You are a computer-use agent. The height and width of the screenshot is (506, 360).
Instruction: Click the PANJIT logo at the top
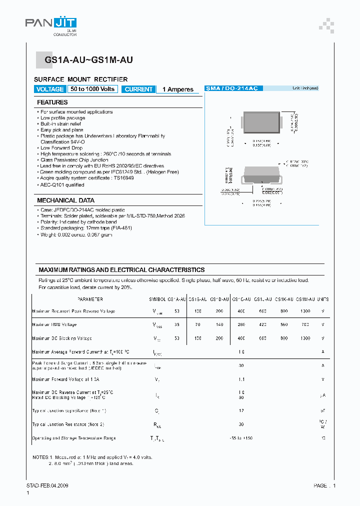pyautogui.click(x=51, y=23)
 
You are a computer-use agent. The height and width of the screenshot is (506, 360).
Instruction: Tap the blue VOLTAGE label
pyautogui.click(x=50, y=89)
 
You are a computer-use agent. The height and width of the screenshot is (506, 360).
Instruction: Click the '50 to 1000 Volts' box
pyautogui.click(x=92, y=89)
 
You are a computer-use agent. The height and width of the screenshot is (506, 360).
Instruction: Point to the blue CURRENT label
pyautogui.click(x=138, y=89)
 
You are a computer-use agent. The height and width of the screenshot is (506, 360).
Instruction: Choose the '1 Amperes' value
pyautogui.click(x=177, y=89)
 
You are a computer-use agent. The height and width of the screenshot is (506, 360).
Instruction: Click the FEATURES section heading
pyautogui.click(x=52, y=102)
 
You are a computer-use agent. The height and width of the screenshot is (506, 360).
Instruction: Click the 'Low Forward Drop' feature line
pyautogui.click(x=61, y=148)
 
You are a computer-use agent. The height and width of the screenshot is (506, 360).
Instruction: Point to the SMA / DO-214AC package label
pyautogui.click(x=231, y=88)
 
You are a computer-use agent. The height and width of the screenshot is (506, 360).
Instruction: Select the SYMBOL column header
pyautogui.click(x=157, y=299)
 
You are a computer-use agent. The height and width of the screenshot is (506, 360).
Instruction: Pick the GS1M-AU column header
pyautogui.click(x=305, y=299)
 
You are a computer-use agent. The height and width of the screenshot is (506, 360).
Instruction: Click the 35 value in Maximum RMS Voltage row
pyautogui.click(x=176, y=324)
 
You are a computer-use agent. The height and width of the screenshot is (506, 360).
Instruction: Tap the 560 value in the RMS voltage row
pyautogui.click(x=284, y=324)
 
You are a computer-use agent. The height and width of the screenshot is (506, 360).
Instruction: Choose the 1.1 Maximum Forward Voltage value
pyautogui.click(x=241, y=379)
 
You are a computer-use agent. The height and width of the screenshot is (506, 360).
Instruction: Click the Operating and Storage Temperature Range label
pyautogui.click(x=74, y=438)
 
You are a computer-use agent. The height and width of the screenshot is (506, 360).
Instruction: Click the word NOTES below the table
pyautogui.click(x=40, y=457)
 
